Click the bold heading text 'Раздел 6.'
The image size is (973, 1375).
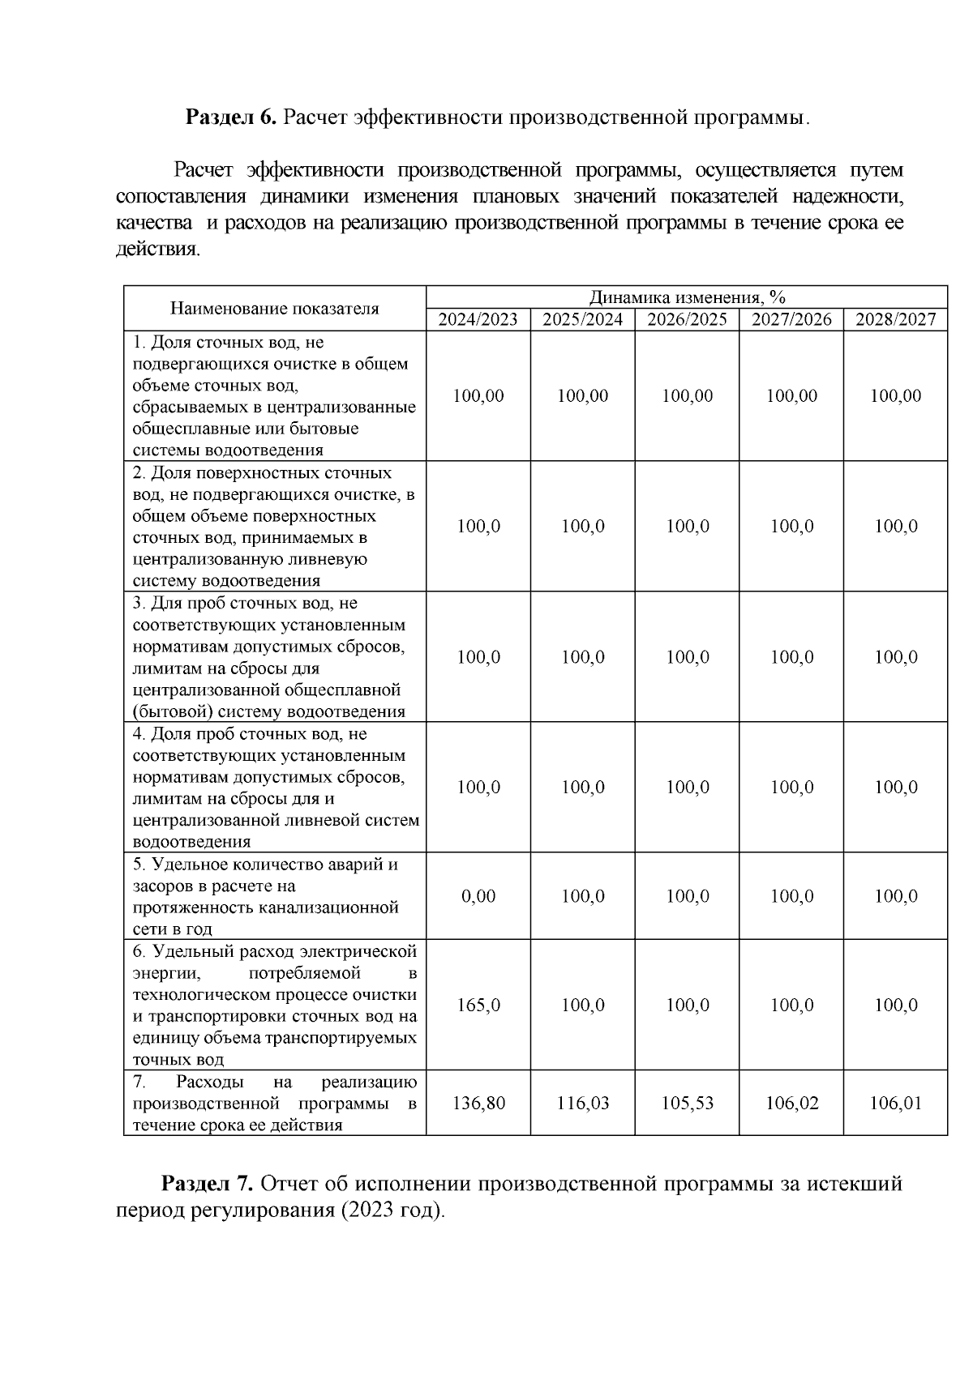232,117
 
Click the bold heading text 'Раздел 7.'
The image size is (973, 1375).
208,1184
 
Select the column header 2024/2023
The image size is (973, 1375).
478,319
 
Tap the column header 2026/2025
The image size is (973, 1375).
687,319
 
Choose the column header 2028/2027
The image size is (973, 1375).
895,319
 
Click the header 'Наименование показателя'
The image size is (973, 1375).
274,309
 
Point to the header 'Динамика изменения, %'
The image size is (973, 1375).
687,297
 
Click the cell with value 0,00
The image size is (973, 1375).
478,896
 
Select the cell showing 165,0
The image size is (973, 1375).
478,1005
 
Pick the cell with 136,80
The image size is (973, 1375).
478,1103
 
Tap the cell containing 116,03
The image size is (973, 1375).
582,1103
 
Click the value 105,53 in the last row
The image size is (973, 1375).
687,1103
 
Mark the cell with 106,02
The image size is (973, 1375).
791,1103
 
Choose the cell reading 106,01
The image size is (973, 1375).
895,1103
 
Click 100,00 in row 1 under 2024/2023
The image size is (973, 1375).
478,396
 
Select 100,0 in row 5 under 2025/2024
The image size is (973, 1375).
582,896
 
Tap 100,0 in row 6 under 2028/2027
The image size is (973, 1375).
895,1005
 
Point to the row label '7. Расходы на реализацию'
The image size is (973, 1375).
274,1103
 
